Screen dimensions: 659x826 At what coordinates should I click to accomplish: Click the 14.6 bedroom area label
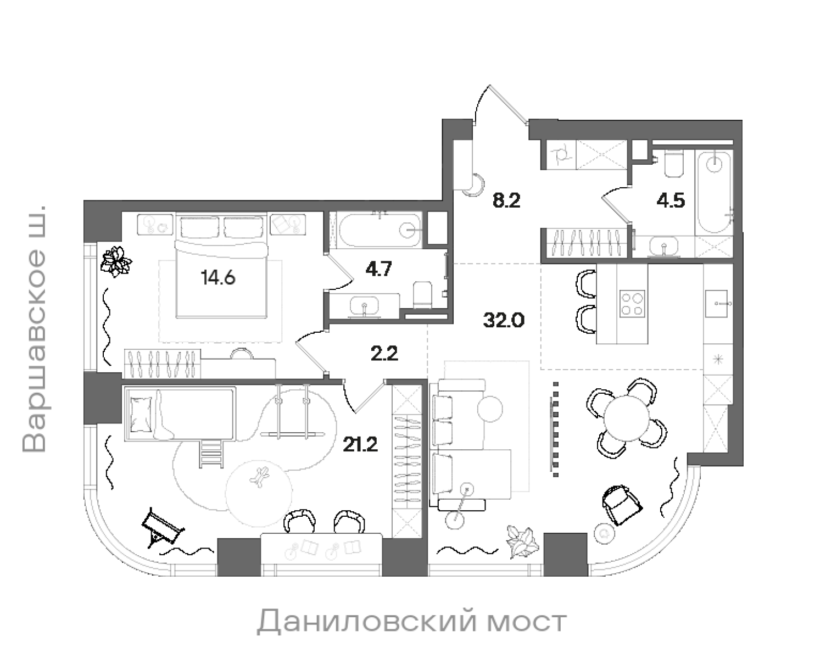[218, 278]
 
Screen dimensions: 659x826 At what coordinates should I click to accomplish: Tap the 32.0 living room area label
[504, 320]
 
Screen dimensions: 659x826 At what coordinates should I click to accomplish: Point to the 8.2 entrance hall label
[506, 200]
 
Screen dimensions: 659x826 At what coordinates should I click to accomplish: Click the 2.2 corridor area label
[384, 354]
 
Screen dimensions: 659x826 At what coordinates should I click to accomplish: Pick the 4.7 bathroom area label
[378, 270]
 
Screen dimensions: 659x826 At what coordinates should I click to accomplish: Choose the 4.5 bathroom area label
[670, 201]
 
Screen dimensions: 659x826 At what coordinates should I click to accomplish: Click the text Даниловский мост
[411, 622]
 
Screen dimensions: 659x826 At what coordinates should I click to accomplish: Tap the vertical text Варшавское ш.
[36, 329]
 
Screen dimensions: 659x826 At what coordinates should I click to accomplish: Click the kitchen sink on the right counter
[718, 303]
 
